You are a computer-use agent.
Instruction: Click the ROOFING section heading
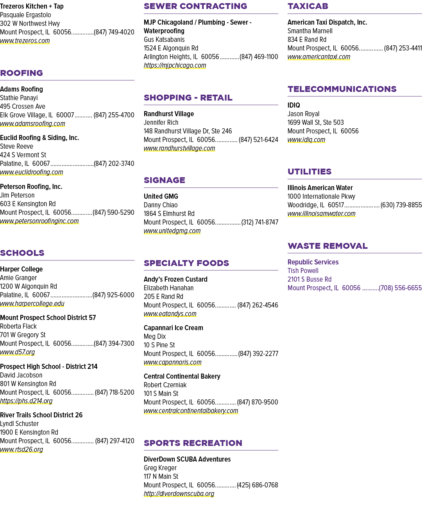pos(21,73)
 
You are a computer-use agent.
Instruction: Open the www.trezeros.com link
pos(25,41)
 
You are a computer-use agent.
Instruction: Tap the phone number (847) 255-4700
pos(114,115)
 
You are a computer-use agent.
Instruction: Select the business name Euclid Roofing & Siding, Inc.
pos(39,138)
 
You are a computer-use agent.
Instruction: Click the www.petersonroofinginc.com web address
pos(39,221)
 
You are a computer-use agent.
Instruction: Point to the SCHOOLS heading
pos(22,253)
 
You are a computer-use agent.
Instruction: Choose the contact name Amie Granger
pos(18,278)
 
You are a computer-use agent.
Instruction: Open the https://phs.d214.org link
pos(26,401)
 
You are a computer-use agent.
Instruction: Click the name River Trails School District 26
pos(41,415)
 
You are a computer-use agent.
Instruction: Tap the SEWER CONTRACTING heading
pos(195,6)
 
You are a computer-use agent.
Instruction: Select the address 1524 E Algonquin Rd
pos(171,48)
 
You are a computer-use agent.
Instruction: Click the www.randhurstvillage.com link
pos(179,148)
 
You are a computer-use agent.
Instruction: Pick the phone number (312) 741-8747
pos(259,222)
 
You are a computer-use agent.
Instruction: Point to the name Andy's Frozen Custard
pos(175,279)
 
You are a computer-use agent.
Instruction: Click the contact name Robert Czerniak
pos(165,385)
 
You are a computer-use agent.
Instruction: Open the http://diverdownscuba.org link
pos(179,494)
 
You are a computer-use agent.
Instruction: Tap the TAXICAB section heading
pos(308,6)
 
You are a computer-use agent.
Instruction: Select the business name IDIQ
pos(294,105)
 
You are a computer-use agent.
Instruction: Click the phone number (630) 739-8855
pos(401,205)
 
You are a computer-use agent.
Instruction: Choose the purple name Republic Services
pos(313,262)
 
